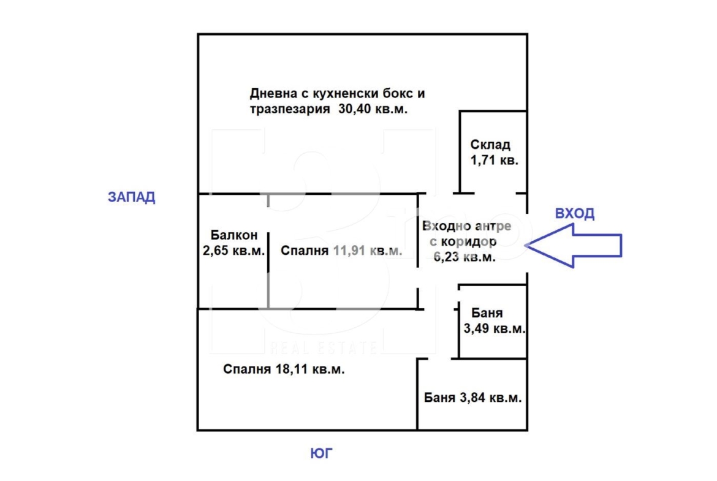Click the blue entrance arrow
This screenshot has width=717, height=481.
[x=574, y=246]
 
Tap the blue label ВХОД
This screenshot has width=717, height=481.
[x=575, y=213]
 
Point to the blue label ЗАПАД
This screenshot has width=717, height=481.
[x=132, y=197]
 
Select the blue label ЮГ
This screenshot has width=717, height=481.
[x=322, y=453]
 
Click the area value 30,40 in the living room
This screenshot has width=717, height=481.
[x=355, y=109]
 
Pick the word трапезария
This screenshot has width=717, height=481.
[x=290, y=110]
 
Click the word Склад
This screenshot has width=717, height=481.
[x=490, y=145]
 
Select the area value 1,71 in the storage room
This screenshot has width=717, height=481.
[x=481, y=161]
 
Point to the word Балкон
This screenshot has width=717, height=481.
[x=234, y=235]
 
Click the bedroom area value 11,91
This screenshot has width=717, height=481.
[x=349, y=251]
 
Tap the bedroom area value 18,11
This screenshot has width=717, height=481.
[x=291, y=369]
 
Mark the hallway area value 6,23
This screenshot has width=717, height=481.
[x=446, y=257]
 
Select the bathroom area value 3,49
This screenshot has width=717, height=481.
[x=477, y=328]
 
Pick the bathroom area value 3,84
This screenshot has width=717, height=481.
[x=472, y=398]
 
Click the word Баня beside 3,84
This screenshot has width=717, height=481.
[x=440, y=398]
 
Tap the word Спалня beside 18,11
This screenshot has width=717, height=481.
[x=248, y=369]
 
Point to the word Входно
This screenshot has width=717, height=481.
[x=447, y=226]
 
